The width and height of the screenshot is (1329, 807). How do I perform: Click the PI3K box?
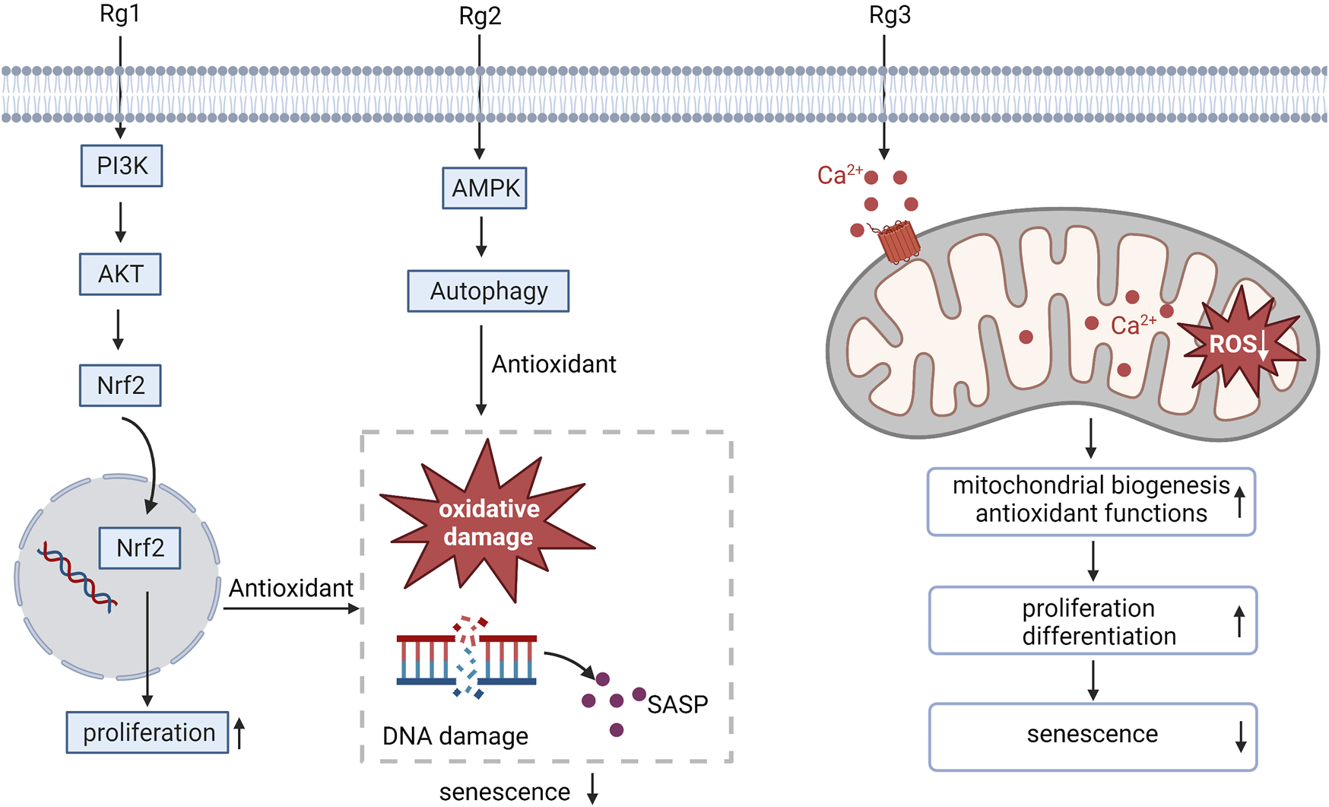pos(122,166)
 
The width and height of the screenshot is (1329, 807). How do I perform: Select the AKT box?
pos(120,274)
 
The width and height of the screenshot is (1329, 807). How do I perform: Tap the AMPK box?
pos(485,188)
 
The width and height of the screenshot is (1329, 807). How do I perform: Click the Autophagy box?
pos(488,291)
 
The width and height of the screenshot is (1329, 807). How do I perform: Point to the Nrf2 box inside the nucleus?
pos(140,548)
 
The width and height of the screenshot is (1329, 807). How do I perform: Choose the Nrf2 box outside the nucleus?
pos(120,386)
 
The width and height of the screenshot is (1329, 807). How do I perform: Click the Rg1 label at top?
pos(119,14)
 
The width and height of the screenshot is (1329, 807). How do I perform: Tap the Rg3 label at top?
pos(890,15)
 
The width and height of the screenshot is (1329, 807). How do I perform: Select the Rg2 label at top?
pos(480,16)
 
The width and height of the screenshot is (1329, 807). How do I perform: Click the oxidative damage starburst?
pos(488,523)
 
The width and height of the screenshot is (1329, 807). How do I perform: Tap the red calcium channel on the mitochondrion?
pos(899,241)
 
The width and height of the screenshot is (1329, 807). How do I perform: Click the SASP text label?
pos(677,704)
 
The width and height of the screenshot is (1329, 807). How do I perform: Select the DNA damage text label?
pos(455,736)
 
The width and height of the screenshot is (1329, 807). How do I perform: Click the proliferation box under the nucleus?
pos(147,732)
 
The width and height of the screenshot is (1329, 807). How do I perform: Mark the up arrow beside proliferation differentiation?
pos(1239,621)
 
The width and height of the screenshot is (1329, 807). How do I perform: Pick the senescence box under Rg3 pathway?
pos(1093,736)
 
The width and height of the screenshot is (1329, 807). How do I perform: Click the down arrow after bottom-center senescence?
pos(592,789)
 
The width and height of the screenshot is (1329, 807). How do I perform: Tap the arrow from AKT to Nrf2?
pos(118,329)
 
